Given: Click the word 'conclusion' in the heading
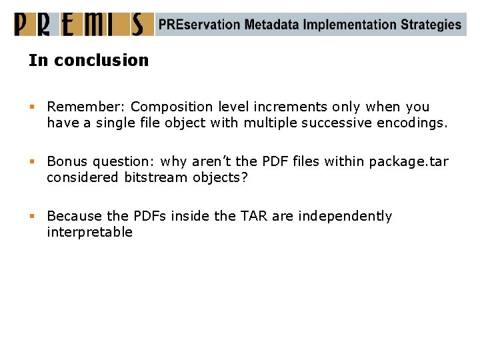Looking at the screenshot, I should [x=101, y=60].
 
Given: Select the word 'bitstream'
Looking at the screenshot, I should [x=155, y=177].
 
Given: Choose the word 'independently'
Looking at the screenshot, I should [x=345, y=216].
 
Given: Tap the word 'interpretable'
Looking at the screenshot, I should [x=90, y=232].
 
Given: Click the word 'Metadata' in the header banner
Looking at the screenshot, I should [x=271, y=25].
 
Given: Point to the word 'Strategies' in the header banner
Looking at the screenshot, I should [x=431, y=25].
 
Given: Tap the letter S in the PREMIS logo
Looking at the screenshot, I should [x=137, y=25].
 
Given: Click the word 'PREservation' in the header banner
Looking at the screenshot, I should [x=199, y=25].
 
